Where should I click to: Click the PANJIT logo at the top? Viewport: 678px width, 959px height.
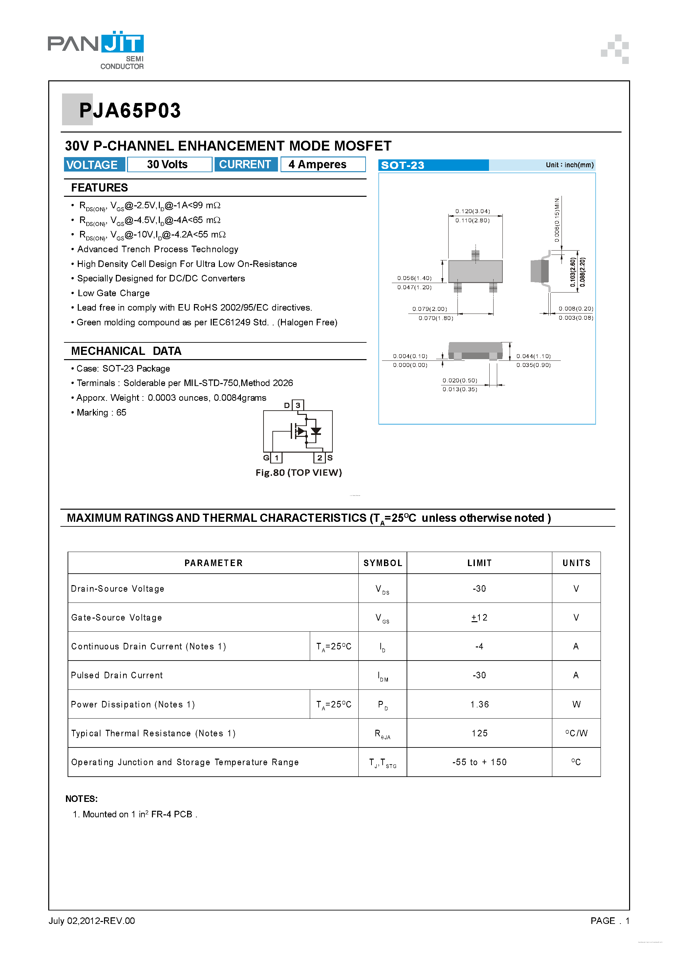(96, 49)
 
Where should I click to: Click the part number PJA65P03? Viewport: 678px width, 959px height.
(130, 111)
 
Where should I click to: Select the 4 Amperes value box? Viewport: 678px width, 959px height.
(322, 165)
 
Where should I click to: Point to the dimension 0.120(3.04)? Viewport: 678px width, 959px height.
(472, 211)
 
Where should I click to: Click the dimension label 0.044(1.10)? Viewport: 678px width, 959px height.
(533, 356)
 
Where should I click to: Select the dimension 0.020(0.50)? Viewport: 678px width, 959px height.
(459, 380)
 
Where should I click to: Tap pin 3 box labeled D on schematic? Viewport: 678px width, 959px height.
(298, 405)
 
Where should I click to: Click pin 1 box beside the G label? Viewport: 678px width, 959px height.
(276, 458)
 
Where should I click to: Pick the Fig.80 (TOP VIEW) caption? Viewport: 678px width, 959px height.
(298, 472)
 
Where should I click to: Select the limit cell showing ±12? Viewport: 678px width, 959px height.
(479, 617)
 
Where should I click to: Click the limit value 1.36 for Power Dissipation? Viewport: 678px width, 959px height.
(479, 704)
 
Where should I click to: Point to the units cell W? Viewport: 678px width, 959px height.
(576, 704)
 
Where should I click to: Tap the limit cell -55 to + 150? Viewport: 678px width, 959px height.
(479, 762)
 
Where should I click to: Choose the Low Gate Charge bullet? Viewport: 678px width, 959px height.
(113, 293)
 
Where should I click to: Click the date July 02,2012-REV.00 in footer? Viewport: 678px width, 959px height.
(92, 921)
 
